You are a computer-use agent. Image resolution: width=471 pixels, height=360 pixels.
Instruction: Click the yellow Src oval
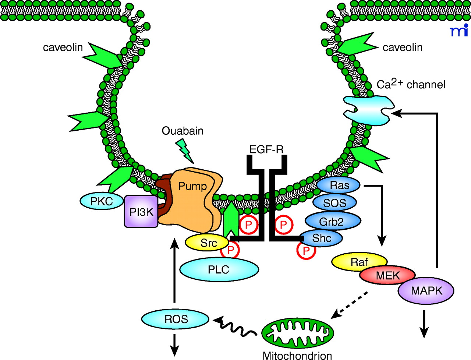pos(208,243)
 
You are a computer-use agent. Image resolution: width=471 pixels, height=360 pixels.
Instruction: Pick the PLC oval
pos(219,269)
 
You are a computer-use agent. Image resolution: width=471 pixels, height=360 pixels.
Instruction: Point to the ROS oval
pos(176,319)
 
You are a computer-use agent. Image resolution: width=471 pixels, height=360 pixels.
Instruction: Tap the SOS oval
pos(334,203)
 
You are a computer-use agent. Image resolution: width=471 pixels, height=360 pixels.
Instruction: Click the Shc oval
pos(321,238)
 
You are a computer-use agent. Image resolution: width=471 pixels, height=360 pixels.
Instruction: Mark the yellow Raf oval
pos(358,262)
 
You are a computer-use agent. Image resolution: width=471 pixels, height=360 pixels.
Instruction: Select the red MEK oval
pos(387,275)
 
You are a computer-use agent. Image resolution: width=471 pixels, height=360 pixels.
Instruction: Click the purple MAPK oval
pos(426,290)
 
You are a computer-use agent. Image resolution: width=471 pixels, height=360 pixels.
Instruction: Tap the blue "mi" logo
pos(459,31)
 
